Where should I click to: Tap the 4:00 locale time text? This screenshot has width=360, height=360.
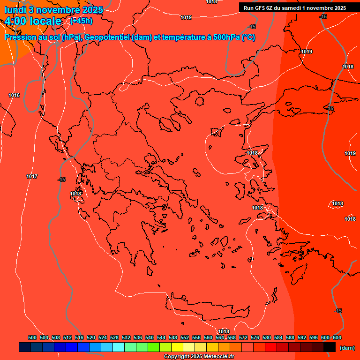pos(33,21)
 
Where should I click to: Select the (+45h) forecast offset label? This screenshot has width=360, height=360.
pos(81,21)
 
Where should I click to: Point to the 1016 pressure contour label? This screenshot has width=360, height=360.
pos(14,95)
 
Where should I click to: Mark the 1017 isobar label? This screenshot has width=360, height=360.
pos(32,176)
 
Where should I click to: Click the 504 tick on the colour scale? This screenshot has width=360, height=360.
pos(44,337)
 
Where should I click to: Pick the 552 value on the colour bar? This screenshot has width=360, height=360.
pos(185,337)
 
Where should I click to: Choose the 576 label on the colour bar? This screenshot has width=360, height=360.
pos(255,337)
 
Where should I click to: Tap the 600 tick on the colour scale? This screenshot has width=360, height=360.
pos(325,337)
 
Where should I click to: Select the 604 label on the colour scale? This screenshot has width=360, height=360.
pos(337,337)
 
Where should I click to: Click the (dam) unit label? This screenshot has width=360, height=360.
pos(347,347)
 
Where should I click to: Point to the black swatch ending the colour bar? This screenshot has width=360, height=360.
pos(330,347)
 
